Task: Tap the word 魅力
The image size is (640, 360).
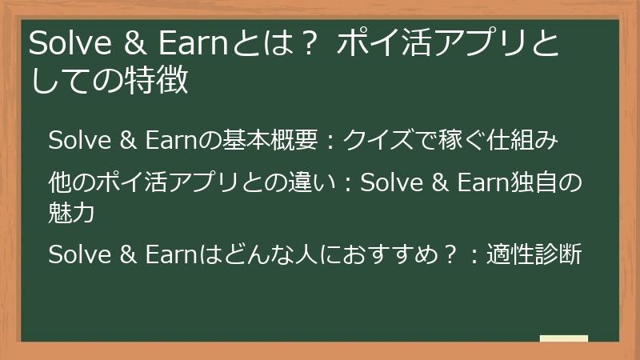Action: point(72,213)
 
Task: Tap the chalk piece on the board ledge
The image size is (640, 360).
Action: point(563,338)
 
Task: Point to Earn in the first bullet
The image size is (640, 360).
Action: point(170,141)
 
